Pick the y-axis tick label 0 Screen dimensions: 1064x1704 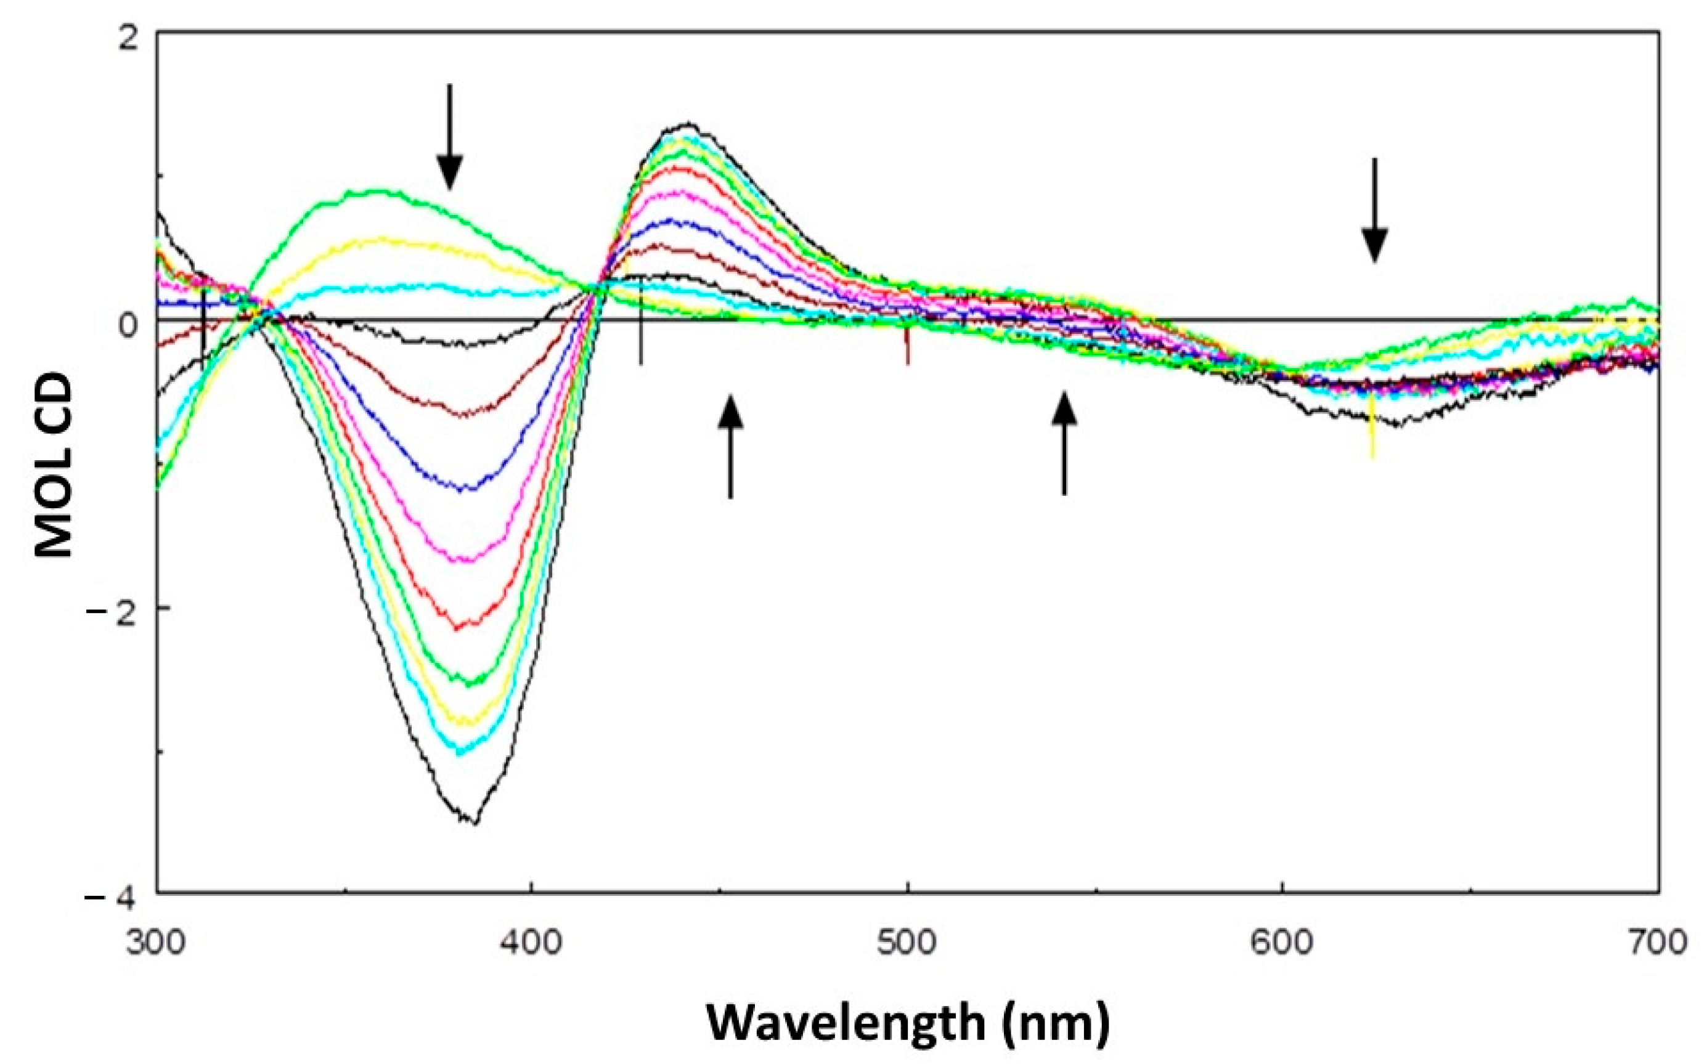coord(127,325)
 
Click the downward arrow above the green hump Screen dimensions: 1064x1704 coord(450,137)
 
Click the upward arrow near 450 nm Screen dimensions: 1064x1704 coord(730,446)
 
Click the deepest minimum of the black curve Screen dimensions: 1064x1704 coord(476,822)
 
